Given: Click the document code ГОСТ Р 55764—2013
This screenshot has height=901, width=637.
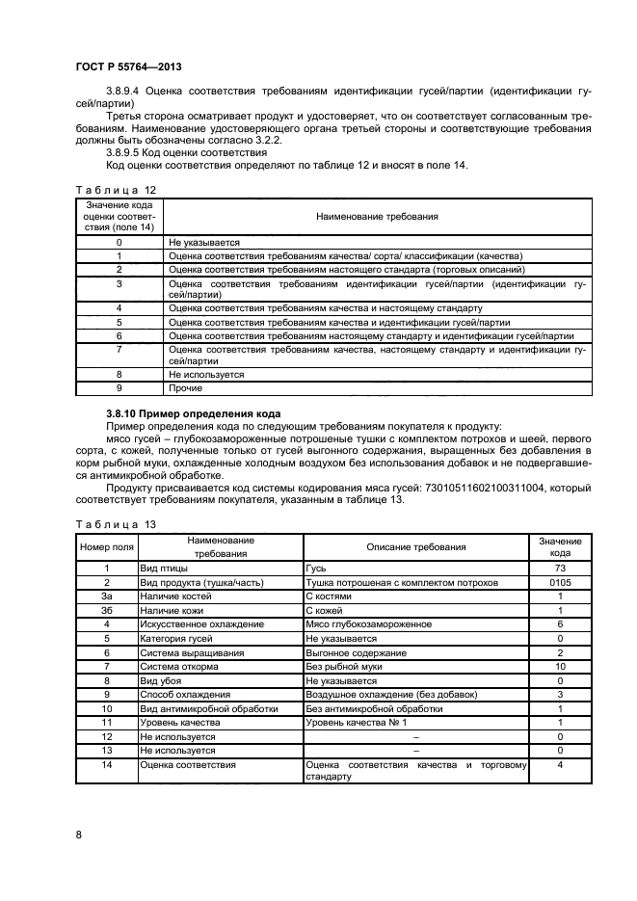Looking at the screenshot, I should [x=128, y=66].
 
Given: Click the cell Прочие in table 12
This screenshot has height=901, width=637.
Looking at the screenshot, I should [x=185, y=388].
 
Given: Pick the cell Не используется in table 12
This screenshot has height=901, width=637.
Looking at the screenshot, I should [x=206, y=374].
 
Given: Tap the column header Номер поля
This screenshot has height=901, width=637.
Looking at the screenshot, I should [x=104, y=547].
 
